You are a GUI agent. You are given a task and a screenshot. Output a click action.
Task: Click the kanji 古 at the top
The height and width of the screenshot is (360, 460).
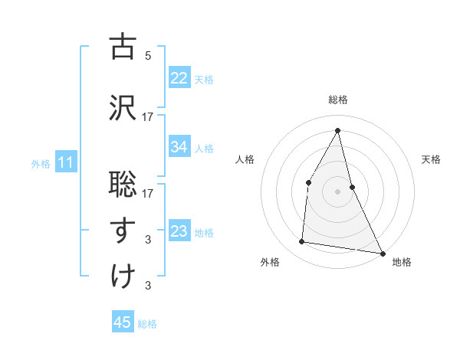(x=123, y=47)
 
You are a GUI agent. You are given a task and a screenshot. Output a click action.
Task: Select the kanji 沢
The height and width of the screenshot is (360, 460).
(x=123, y=107)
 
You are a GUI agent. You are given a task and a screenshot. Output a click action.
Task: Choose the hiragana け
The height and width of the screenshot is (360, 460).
(x=123, y=276)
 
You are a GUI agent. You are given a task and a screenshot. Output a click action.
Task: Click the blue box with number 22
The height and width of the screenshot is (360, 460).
(x=179, y=78)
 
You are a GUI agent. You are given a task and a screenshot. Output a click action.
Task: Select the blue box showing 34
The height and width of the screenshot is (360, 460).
(x=179, y=147)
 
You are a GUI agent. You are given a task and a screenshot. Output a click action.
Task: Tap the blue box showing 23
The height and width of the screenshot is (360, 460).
(x=179, y=231)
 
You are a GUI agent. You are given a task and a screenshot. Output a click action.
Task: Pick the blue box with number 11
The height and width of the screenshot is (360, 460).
(x=66, y=162)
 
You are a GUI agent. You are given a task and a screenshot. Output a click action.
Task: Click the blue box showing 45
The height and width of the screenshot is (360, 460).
(x=123, y=322)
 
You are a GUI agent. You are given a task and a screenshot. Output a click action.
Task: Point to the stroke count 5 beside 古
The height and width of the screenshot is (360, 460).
(x=148, y=56)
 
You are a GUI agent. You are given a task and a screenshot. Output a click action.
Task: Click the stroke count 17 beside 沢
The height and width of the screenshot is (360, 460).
(x=148, y=117)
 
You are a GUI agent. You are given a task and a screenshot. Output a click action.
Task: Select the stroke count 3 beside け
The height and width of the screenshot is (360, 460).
(x=148, y=286)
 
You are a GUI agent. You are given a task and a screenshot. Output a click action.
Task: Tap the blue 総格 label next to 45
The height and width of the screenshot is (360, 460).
(x=147, y=324)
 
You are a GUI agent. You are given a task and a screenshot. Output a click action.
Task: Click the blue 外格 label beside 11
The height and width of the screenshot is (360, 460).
(x=41, y=163)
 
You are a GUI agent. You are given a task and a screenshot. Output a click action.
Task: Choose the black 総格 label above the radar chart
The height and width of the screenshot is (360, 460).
(x=338, y=100)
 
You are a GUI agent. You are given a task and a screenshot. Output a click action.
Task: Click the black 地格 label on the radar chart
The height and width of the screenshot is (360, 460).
(x=402, y=263)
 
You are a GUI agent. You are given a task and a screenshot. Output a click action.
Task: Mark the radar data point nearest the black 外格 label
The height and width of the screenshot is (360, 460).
(x=302, y=242)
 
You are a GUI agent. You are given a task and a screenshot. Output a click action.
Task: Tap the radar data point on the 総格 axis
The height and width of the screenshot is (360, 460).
(x=338, y=130)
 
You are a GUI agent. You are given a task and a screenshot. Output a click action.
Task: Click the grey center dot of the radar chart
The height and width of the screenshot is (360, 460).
(x=338, y=191)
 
